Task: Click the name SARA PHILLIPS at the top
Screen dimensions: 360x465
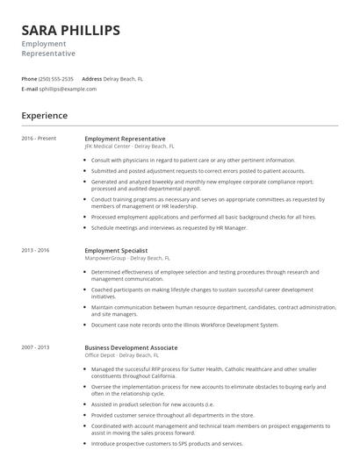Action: point(71,31)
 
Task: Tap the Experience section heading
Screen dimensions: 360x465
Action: point(45,115)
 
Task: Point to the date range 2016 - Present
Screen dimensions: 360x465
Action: point(39,139)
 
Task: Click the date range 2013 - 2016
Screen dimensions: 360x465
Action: point(35,251)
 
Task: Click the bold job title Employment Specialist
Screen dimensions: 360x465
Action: point(117,251)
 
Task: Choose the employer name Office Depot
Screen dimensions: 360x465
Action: point(104,355)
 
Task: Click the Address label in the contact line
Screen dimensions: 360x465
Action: point(91,79)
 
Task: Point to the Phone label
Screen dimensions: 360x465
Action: point(29,79)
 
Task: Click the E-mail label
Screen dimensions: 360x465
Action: point(30,89)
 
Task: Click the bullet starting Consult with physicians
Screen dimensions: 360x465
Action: point(193,161)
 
